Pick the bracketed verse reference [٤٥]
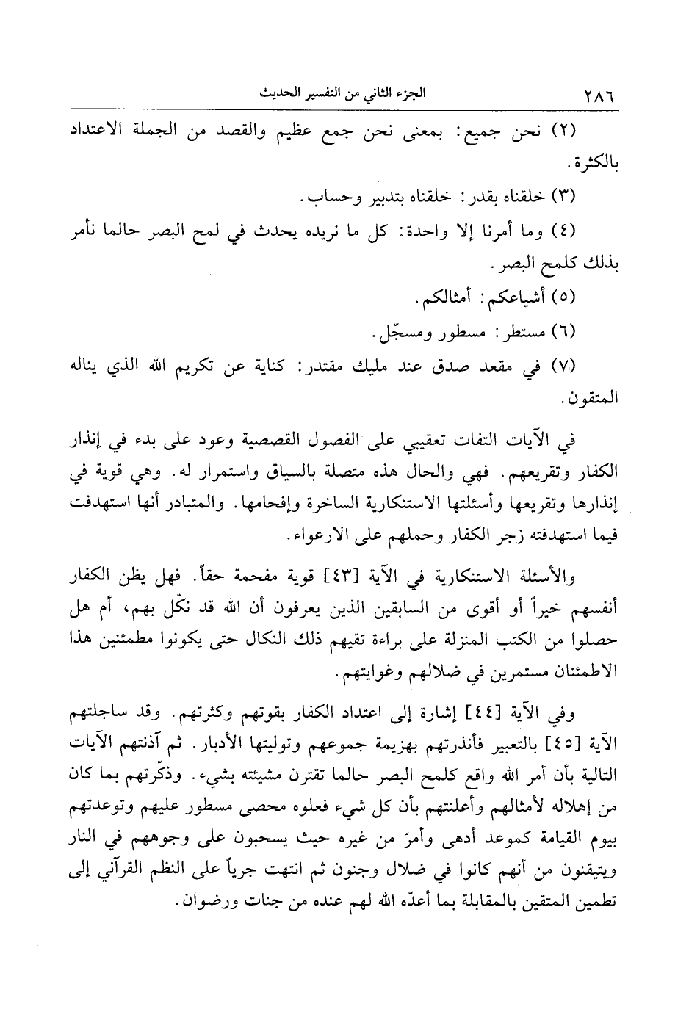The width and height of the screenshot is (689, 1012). tap(561, 744)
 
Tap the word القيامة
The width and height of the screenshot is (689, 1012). tap(559, 837)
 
